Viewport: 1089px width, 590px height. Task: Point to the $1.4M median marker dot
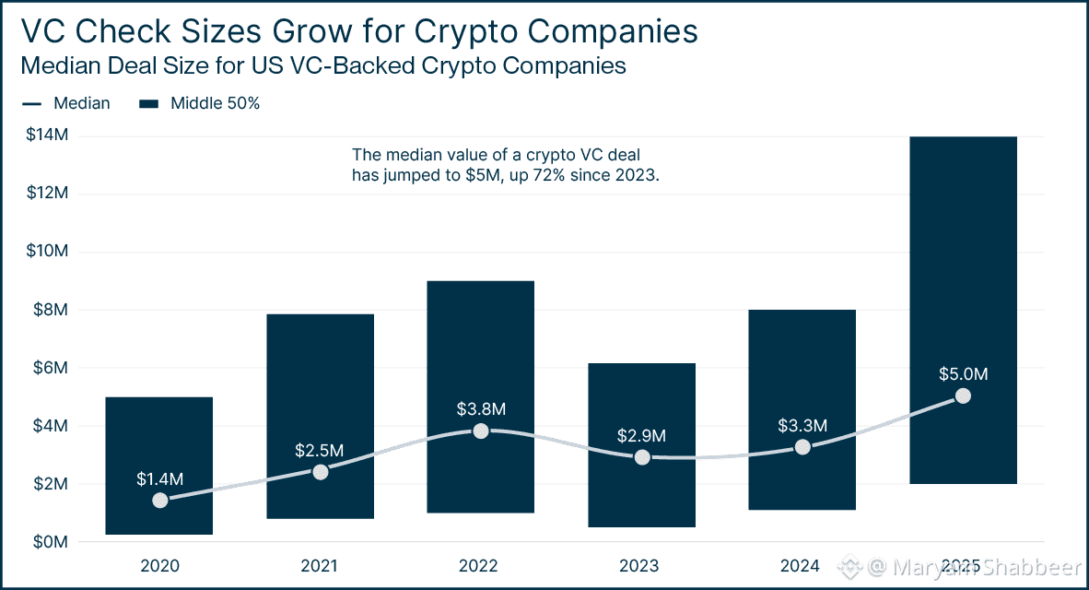159,501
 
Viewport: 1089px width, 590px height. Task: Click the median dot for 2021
320,472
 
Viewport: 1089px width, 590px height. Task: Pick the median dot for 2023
642,457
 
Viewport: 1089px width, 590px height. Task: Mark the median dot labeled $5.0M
963,396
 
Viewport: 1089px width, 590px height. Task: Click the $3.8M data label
480,408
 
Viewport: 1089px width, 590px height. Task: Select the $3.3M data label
802,425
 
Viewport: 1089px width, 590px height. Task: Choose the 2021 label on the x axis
320,565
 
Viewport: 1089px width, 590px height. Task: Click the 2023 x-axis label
642,565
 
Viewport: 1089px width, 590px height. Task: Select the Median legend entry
80,103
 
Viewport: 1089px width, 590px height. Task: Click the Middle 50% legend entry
215,103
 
